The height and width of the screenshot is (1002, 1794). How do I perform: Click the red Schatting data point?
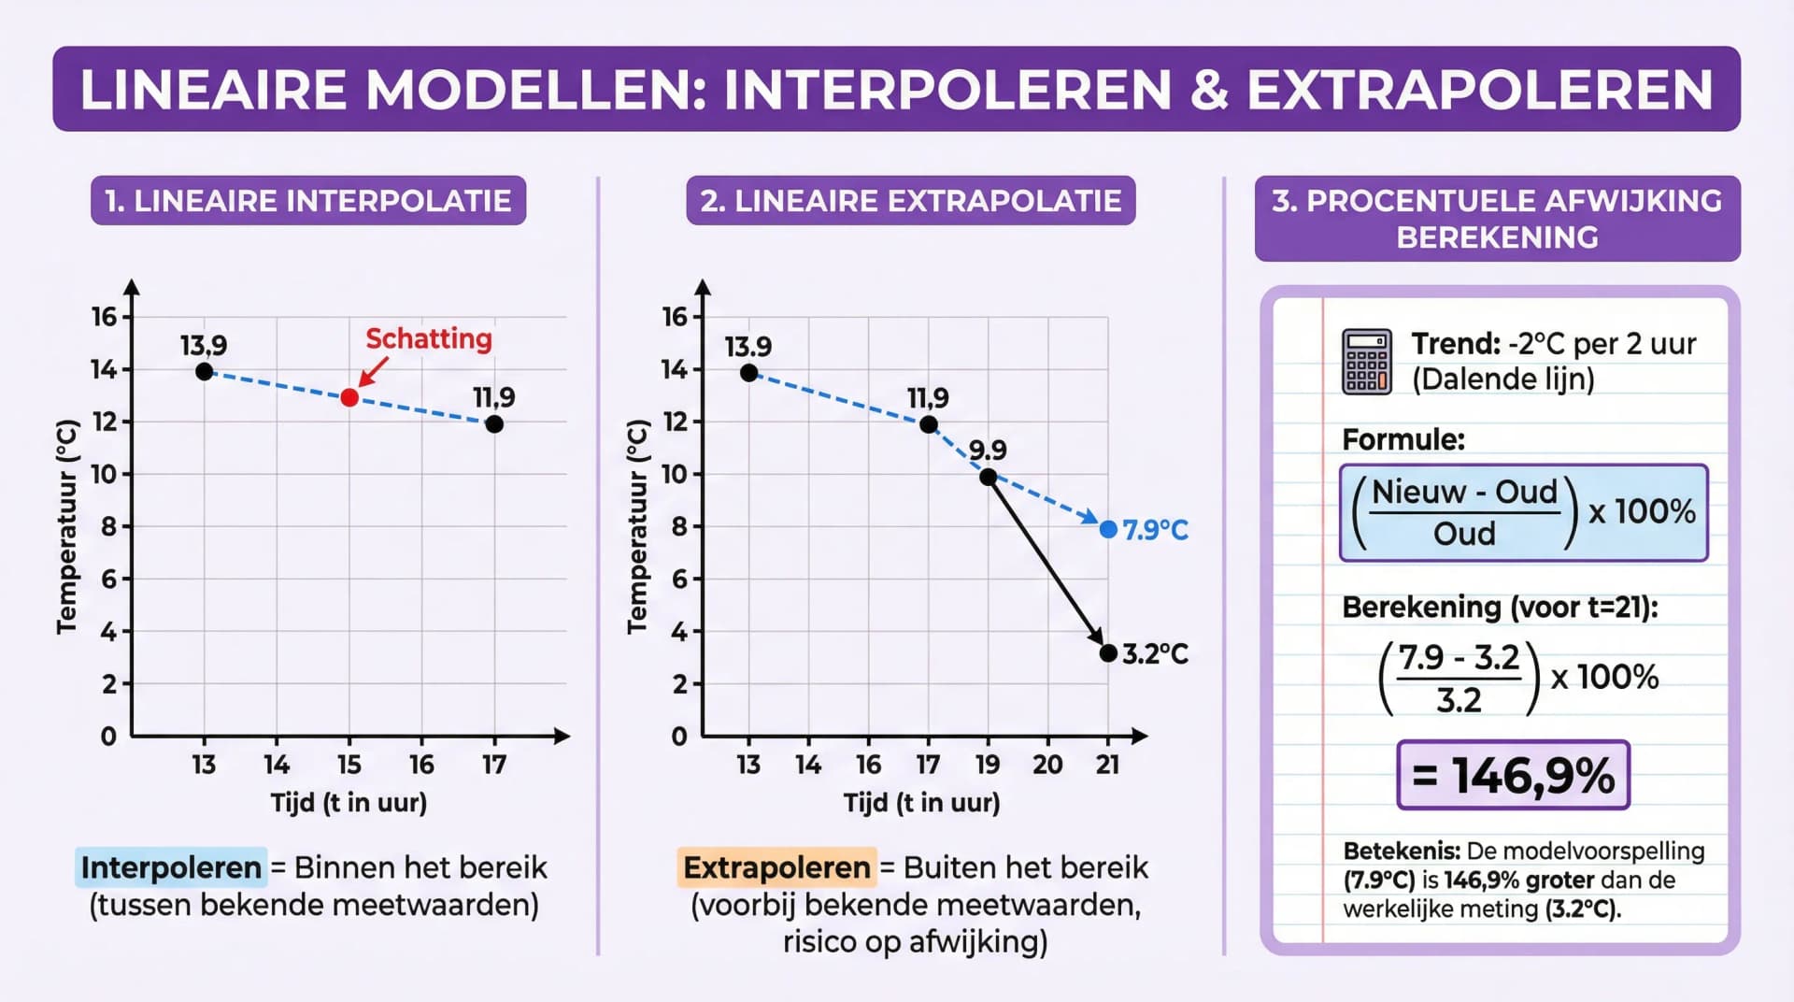pos(349,398)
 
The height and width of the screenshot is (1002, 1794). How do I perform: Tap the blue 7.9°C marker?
pos(1108,530)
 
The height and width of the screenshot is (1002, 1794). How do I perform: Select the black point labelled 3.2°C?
pos(1108,653)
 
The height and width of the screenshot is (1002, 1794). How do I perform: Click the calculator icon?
pos(1366,362)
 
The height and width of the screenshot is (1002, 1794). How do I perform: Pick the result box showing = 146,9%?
pos(1513,775)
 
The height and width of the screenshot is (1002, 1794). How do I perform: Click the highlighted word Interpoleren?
pos(171,867)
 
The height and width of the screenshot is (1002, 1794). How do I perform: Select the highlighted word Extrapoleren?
pos(776,867)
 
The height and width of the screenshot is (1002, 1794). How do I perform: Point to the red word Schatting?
pos(428,338)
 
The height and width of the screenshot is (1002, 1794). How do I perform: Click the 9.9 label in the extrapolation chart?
pos(988,451)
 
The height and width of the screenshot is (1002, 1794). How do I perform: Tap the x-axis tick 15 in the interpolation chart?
pos(349,765)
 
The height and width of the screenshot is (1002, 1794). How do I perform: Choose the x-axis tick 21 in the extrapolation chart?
pos(1107,765)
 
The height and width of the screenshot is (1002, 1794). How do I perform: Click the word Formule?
pos(1403,439)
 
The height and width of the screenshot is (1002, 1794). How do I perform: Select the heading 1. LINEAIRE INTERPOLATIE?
pos(308,201)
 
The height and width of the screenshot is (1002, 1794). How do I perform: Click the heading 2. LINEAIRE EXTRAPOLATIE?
pos(910,201)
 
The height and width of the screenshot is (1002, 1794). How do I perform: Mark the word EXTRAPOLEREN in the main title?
pos(1480,90)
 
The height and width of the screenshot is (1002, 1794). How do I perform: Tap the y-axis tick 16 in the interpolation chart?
pos(105,317)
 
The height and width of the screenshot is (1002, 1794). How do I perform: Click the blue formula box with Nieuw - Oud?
pos(1523,512)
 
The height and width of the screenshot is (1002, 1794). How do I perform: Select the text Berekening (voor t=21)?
pos(1500,608)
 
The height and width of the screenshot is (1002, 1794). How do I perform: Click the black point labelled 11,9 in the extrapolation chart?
pos(928,425)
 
